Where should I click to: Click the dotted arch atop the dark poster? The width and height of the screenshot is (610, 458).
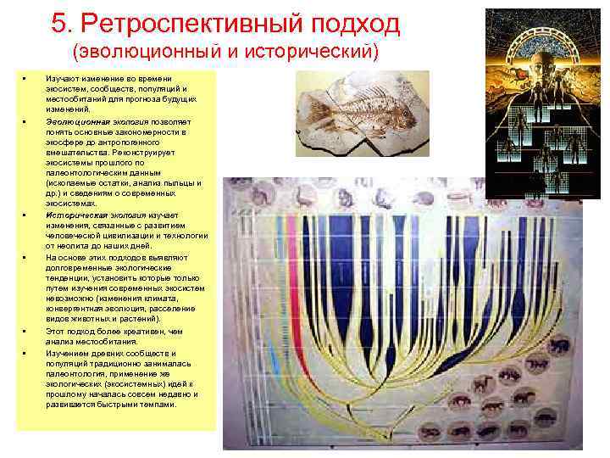(x=542, y=21)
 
